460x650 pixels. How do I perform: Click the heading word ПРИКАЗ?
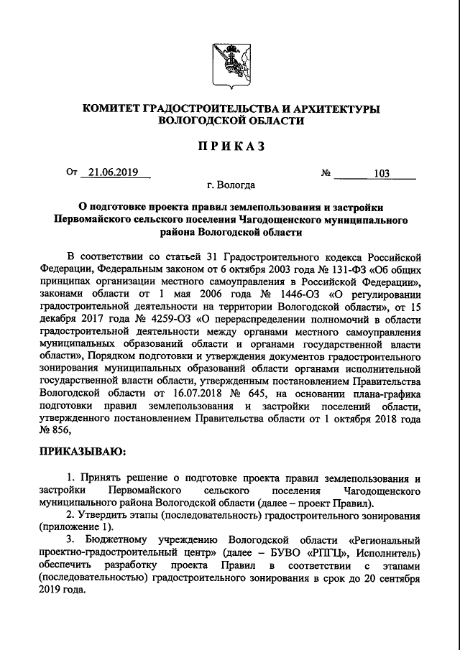(x=229, y=147)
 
